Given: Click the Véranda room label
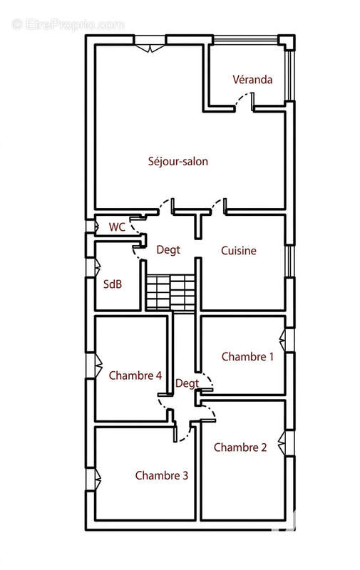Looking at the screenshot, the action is (252, 79).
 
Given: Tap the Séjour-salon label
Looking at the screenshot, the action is (178, 161).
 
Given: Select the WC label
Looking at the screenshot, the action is (117, 227).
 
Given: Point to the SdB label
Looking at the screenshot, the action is (113, 284).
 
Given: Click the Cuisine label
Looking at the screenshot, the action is (239, 251).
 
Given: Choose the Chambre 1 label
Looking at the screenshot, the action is (247, 357).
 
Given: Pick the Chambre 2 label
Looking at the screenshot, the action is (240, 447).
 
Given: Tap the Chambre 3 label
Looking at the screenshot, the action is (161, 475).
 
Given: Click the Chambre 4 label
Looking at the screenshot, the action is (135, 375).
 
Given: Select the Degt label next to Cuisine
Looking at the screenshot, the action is (168, 250).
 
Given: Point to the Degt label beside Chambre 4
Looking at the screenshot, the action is (187, 383).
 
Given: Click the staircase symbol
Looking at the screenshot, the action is (170, 293).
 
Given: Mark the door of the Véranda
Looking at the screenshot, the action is (245, 102).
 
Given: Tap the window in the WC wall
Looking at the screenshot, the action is (92, 227).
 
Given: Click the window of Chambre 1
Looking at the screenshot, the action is (287, 341).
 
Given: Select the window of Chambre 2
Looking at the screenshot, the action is (287, 442).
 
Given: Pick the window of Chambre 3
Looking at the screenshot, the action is (93, 479).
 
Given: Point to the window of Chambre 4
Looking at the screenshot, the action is (93, 366).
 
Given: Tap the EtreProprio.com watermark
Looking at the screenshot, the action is (68, 25).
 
